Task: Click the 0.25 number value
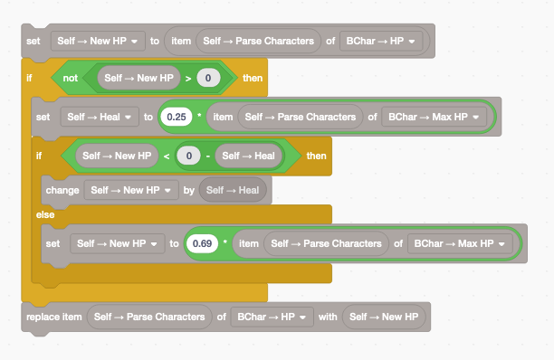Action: tap(177, 118)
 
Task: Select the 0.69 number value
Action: tap(204, 244)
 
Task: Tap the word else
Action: tap(44, 214)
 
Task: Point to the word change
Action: tap(61, 190)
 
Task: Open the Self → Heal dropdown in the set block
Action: tap(99, 118)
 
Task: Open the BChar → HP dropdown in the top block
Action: tap(381, 41)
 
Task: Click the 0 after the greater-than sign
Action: tap(208, 79)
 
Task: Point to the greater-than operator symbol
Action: tap(188, 79)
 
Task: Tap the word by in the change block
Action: tap(187, 190)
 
